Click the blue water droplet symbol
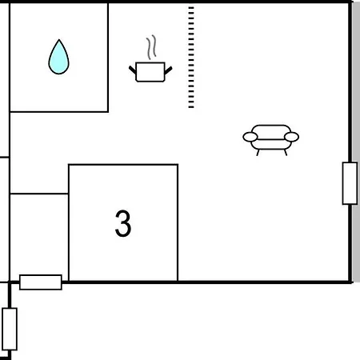(58, 57)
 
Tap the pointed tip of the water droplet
(59, 40)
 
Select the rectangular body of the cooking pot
(150, 72)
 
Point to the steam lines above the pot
(151, 47)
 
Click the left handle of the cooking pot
(133, 70)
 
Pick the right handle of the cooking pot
(169, 70)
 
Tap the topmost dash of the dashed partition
(191, 8)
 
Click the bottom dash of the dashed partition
(191, 107)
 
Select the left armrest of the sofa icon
(250, 137)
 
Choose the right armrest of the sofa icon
(291, 137)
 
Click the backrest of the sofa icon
(271, 131)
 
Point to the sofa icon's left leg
(258, 153)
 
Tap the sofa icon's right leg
(286, 153)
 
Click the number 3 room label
(123, 223)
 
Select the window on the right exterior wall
(350, 183)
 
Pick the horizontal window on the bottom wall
(41, 282)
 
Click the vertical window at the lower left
(10, 329)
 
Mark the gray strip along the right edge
(356, 142)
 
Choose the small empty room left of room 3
(39, 238)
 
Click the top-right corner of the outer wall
(350, 2)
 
